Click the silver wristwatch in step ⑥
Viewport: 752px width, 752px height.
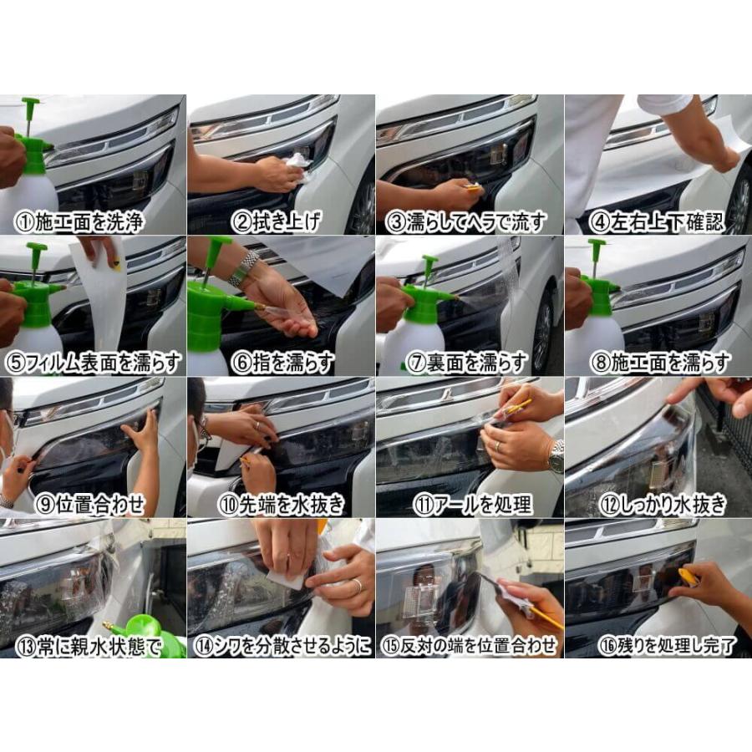pyautogui.click(x=244, y=267)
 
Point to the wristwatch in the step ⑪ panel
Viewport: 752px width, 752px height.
pyautogui.click(x=555, y=456)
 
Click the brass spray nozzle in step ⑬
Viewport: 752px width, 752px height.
pyautogui.click(x=109, y=626)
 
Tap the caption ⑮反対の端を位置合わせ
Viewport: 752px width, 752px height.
pyautogui.click(x=470, y=646)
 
